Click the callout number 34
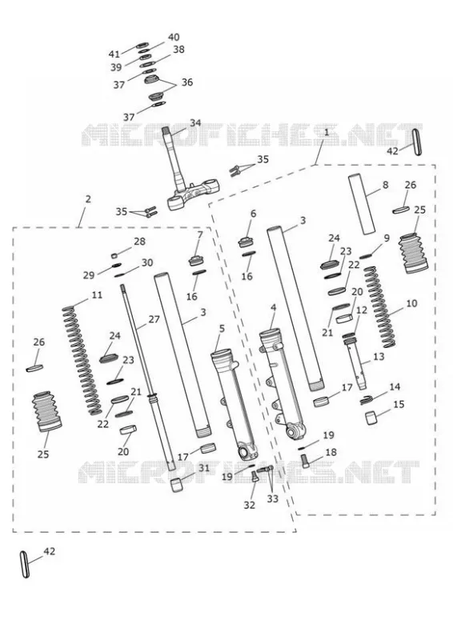pos(195,122)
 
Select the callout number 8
pos(385,185)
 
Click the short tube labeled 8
pos(362,205)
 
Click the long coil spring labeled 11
pos(82,361)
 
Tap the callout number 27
pos(154,318)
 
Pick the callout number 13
pos(379,356)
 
